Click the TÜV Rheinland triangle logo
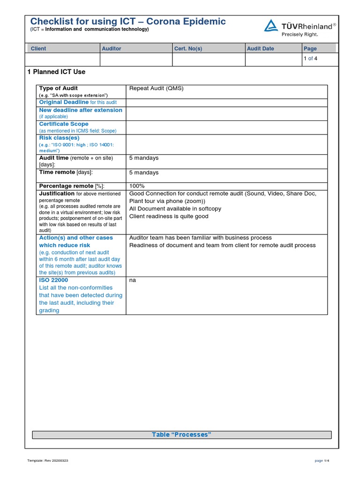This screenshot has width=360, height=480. coord(270,26)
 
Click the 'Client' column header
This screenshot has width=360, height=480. coord(38,48)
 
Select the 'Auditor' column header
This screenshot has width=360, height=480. coord(112,48)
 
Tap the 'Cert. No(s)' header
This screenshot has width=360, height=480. coord(188,48)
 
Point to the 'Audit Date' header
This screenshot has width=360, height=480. coord(261,48)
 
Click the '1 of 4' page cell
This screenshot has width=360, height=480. coord(310,59)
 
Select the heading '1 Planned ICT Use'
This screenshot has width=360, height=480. coord(56,72)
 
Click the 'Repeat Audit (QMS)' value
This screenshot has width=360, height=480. coord(156,89)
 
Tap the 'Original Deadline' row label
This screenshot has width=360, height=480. coord(64,102)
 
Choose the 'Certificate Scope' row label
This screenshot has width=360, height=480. coord(64,124)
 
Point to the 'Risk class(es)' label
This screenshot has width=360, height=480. coord(59,138)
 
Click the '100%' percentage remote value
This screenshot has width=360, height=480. coord(137,186)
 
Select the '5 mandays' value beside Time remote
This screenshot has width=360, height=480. coord(144,172)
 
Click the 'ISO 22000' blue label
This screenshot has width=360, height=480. coord(53,280)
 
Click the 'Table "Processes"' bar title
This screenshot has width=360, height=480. coord(181,435)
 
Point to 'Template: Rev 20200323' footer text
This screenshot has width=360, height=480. coord(48,461)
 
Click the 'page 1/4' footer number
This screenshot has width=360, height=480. coord(322,461)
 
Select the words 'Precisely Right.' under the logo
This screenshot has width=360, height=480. coord(300,34)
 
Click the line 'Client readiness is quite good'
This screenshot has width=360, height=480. coord(169,217)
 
